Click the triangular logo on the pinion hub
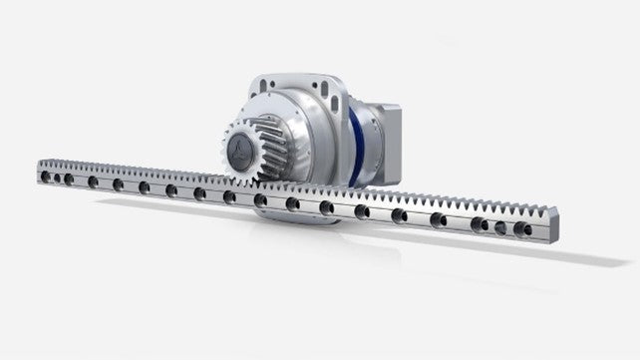pos(237,150)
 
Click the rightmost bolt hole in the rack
pos(521,228)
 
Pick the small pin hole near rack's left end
pos(58,179)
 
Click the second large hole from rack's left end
pos(93,181)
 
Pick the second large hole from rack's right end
pos(480,223)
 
